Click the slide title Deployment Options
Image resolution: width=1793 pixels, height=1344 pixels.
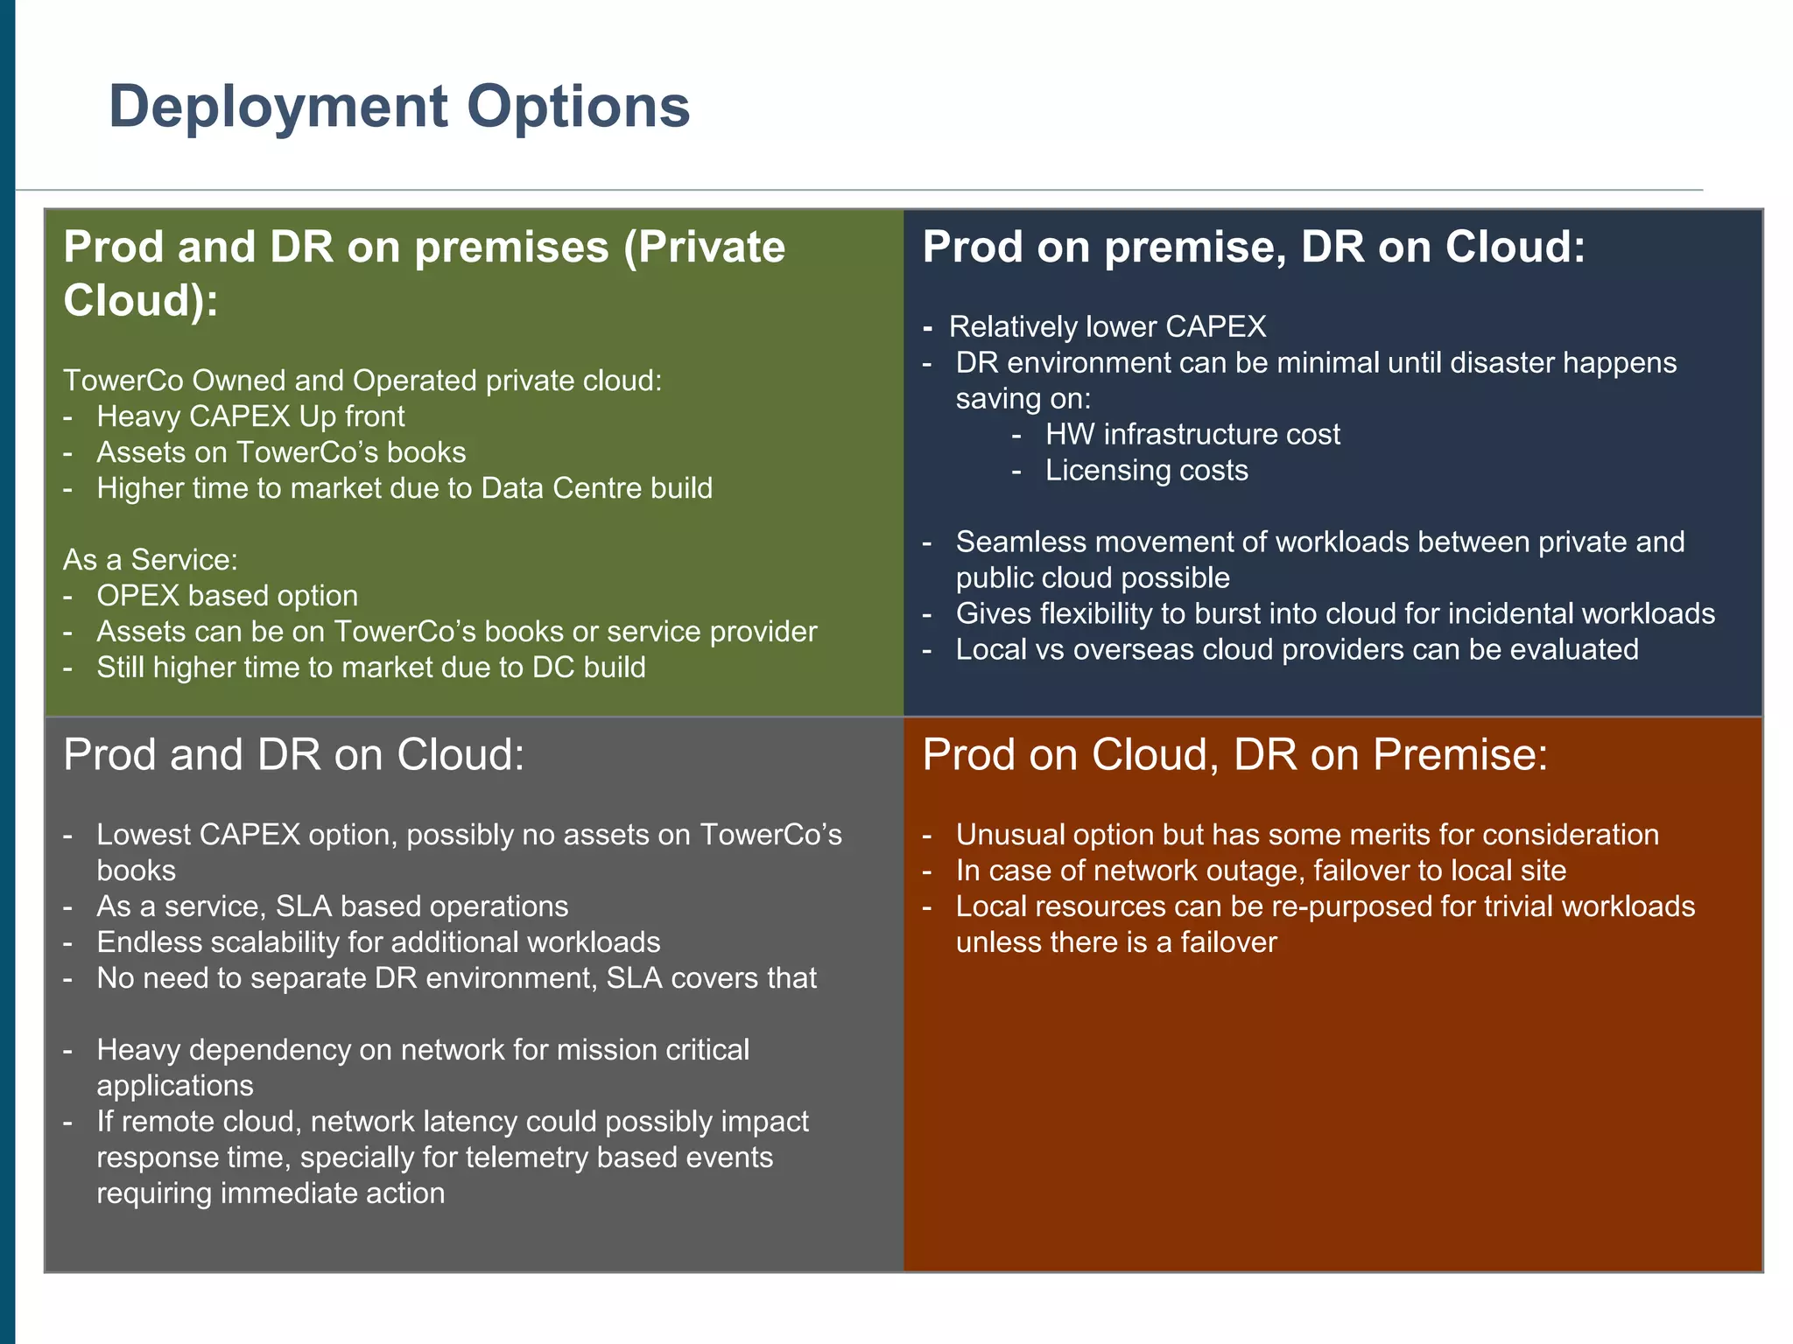pyautogui.click(x=399, y=107)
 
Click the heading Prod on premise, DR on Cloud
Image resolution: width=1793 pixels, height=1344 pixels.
pyautogui.click(x=1253, y=247)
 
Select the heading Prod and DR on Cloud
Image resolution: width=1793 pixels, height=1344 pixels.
pyautogui.click(x=294, y=754)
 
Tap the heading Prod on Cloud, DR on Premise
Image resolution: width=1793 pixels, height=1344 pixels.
pyautogui.click(x=1234, y=754)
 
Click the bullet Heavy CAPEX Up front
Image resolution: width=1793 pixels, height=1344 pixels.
pyautogui.click(x=250, y=416)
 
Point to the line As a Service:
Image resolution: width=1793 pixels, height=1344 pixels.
pyautogui.click(x=151, y=560)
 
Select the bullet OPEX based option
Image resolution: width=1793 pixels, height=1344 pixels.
pyautogui.click(x=227, y=596)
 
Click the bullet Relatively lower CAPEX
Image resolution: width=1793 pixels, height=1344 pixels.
pyautogui.click(x=1107, y=327)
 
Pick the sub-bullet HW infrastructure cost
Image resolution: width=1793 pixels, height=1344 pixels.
pyautogui.click(x=1192, y=435)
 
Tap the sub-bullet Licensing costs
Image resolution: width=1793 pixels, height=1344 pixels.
pyautogui.click(x=1146, y=471)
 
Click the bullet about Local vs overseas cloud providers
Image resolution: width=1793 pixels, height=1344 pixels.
pyautogui.click(x=1296, y=650)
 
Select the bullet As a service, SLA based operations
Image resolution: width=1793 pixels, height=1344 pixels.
pyautogui.click(x=332, y=906)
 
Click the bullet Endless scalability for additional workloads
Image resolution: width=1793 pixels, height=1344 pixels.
pyautogui.click(x=378, y=942)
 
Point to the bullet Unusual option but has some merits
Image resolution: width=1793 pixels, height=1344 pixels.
pyautogui.click(x=1306, y=835)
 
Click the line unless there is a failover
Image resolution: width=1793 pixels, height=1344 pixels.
pyautogui.click(x=1115, y=942)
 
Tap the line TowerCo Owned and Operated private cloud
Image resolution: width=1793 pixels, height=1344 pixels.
pyautogui.click(x=362, y=381)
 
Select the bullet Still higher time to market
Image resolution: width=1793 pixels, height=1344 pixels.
pyautogui.click(x=370, y=668)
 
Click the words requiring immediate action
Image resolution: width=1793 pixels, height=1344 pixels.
pyautogui.click(x=271, y=1193)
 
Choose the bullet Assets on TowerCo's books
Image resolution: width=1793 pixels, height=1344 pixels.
pyautogui.click(x=281, y=452)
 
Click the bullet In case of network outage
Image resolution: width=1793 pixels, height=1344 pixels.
pyautogui.click(x=1260, y=871)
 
